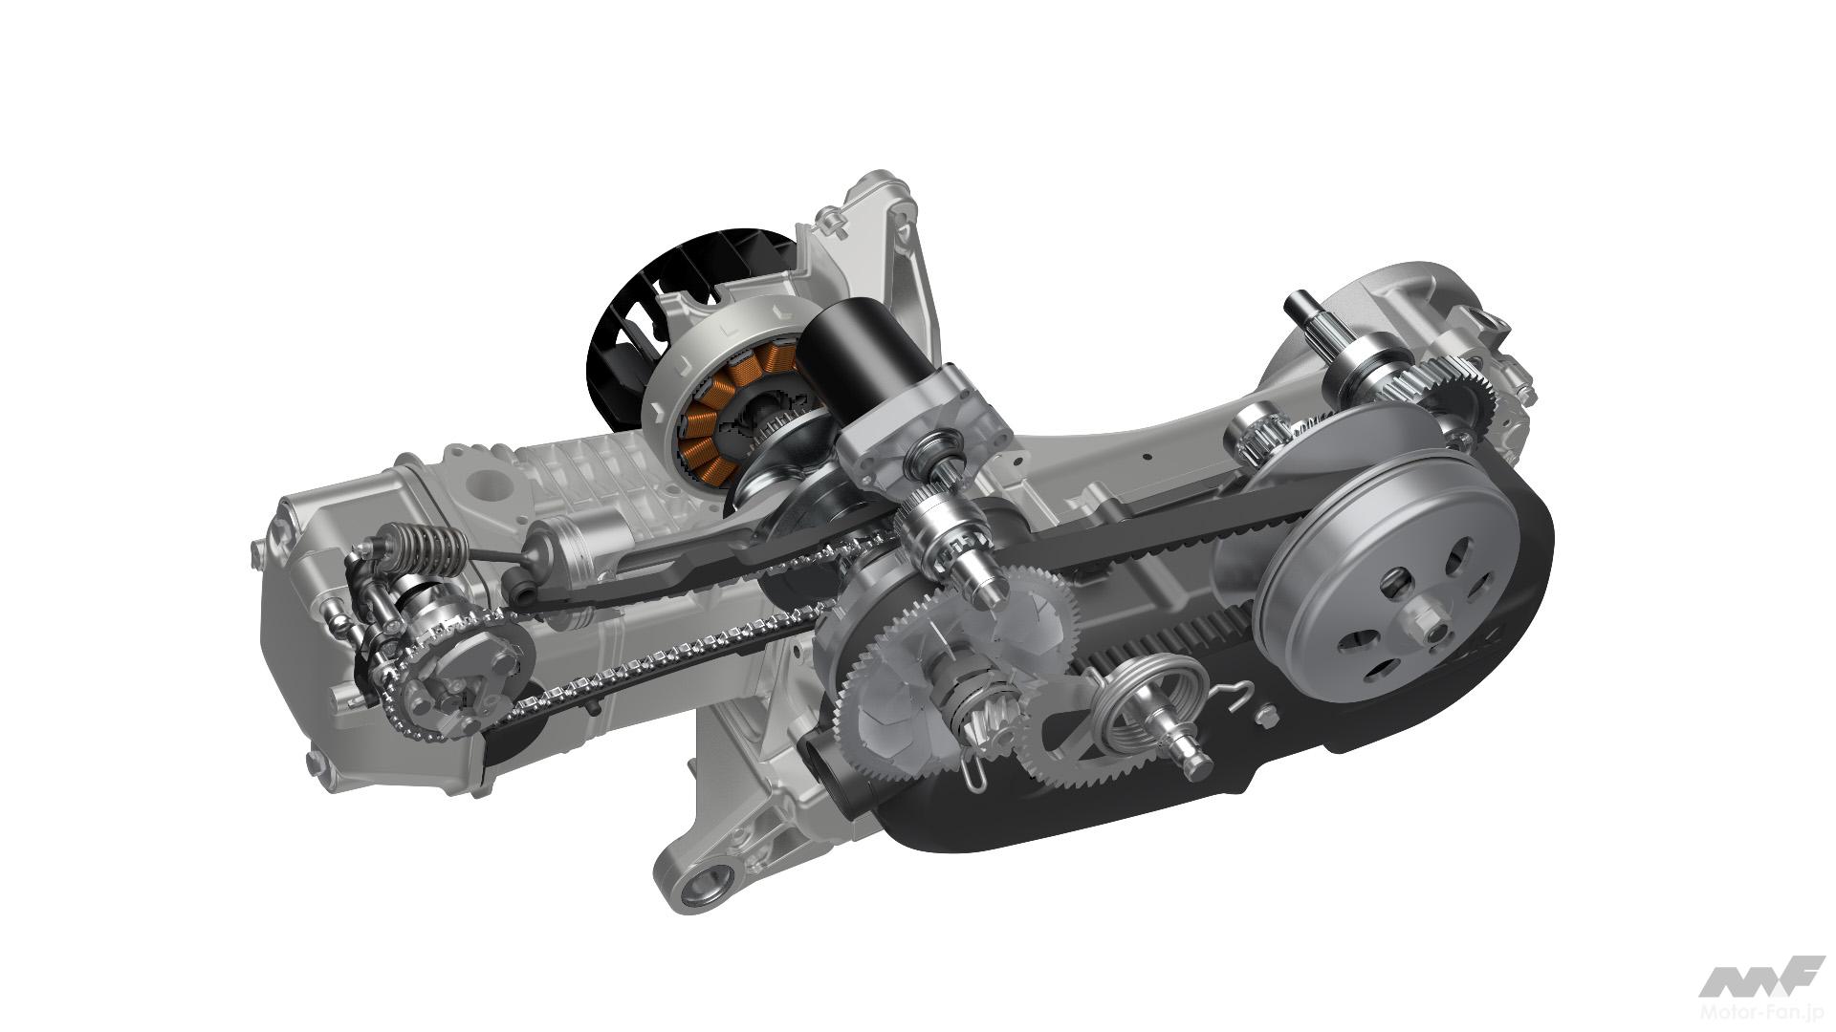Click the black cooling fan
[x=622, y=315]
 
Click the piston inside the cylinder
[x=574, y=541]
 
